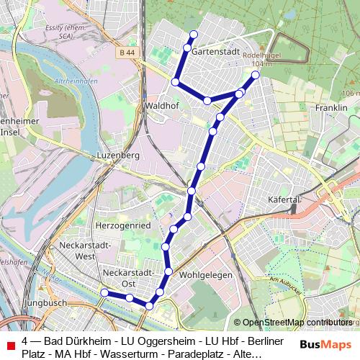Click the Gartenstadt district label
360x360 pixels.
tap(215, 53)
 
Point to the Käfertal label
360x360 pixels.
tap(283, 198)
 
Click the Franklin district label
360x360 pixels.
tap(331, 107)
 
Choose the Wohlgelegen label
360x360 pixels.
tap(202, 275)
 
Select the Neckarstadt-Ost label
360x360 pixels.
tap(128, 278)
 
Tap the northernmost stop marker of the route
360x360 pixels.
tap(193, 35)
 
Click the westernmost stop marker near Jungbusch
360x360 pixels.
tap(104, 292)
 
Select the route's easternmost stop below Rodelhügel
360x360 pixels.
tap(255, 75)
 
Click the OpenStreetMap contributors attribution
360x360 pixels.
tap(296, 323)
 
